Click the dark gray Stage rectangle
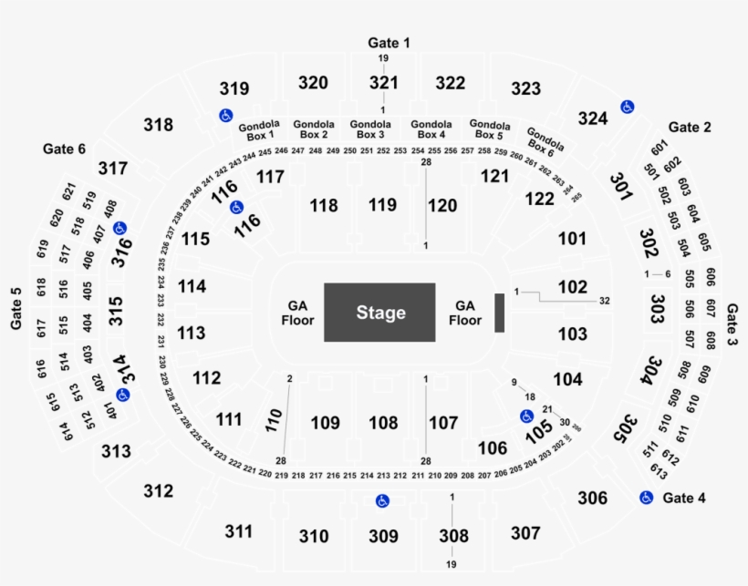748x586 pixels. (x=380, y=313)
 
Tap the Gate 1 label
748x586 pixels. (x=389, y=43)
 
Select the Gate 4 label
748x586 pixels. (x=684, y=498)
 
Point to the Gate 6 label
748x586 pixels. (x=64, y=148)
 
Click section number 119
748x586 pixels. (x=383, y=205)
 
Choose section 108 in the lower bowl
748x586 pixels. (x=383, y=423)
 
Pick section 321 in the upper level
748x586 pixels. (x=384, y=83)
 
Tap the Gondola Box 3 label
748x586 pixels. (x=370, y=129)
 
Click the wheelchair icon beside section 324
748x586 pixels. (x=628, y=107)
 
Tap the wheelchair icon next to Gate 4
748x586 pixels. (x=646, y=498)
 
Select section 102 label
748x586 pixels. (x=573, y=287)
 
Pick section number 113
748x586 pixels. (x=191, y=334)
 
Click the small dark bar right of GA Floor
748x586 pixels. (x=499, y=313)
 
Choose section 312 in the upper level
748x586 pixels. (x=158, y=491)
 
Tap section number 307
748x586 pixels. (x=525, y=532)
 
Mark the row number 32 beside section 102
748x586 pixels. (x=604, y=300)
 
